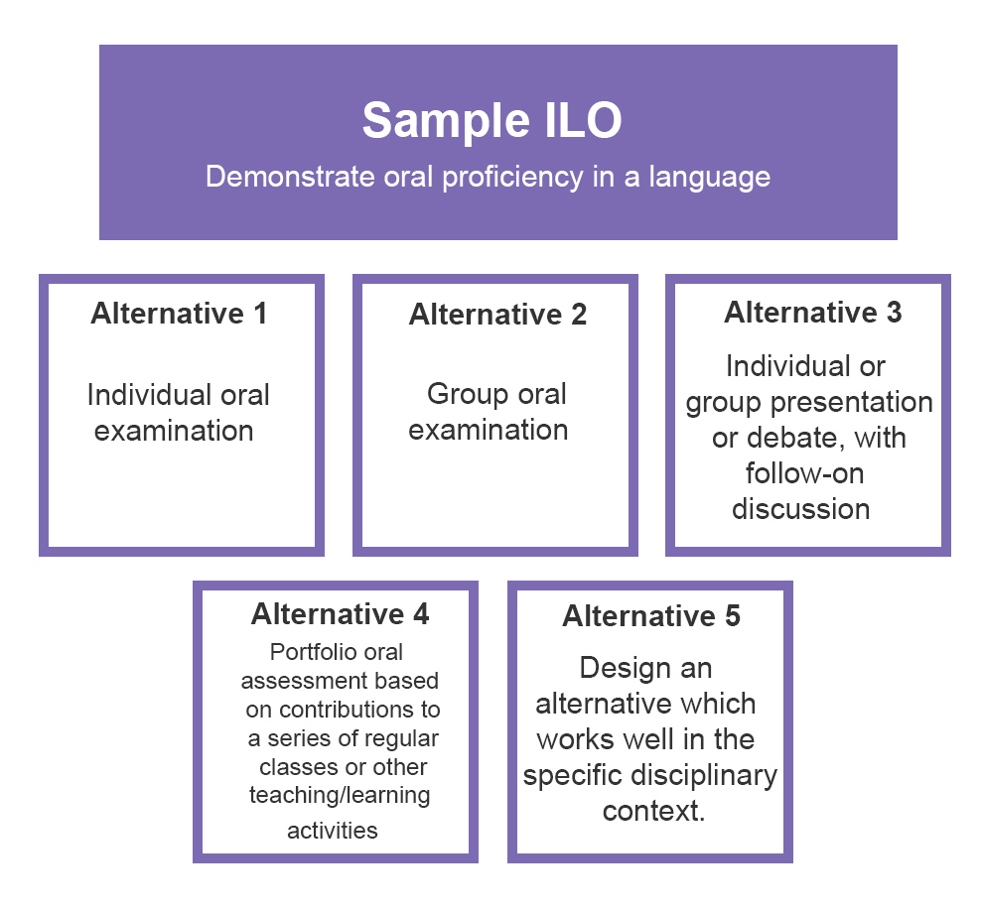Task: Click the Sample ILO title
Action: pyautogui.click(x=491, y=120)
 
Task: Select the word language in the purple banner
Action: pyautogui.click(x=710, y=178)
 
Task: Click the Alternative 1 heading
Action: pyautogui.click(x=179, y=314)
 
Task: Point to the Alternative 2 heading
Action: pyautogui.click(x=498, y=314)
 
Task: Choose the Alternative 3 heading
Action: pyautogui.click(x=813, y=312)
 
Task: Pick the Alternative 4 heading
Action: pyautogui.click(x=341, y=614)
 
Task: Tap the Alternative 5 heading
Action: pyautogui.click(x=651, y=616)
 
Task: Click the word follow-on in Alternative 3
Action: pyautogui.click(x=804, y=473)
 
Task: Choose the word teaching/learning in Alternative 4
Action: pyautogui.click(x=340, y=796)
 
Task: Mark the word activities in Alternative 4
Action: pyautogui.click(x=333, y=831)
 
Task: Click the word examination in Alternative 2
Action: pyautogui.click(x=488, y=430)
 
